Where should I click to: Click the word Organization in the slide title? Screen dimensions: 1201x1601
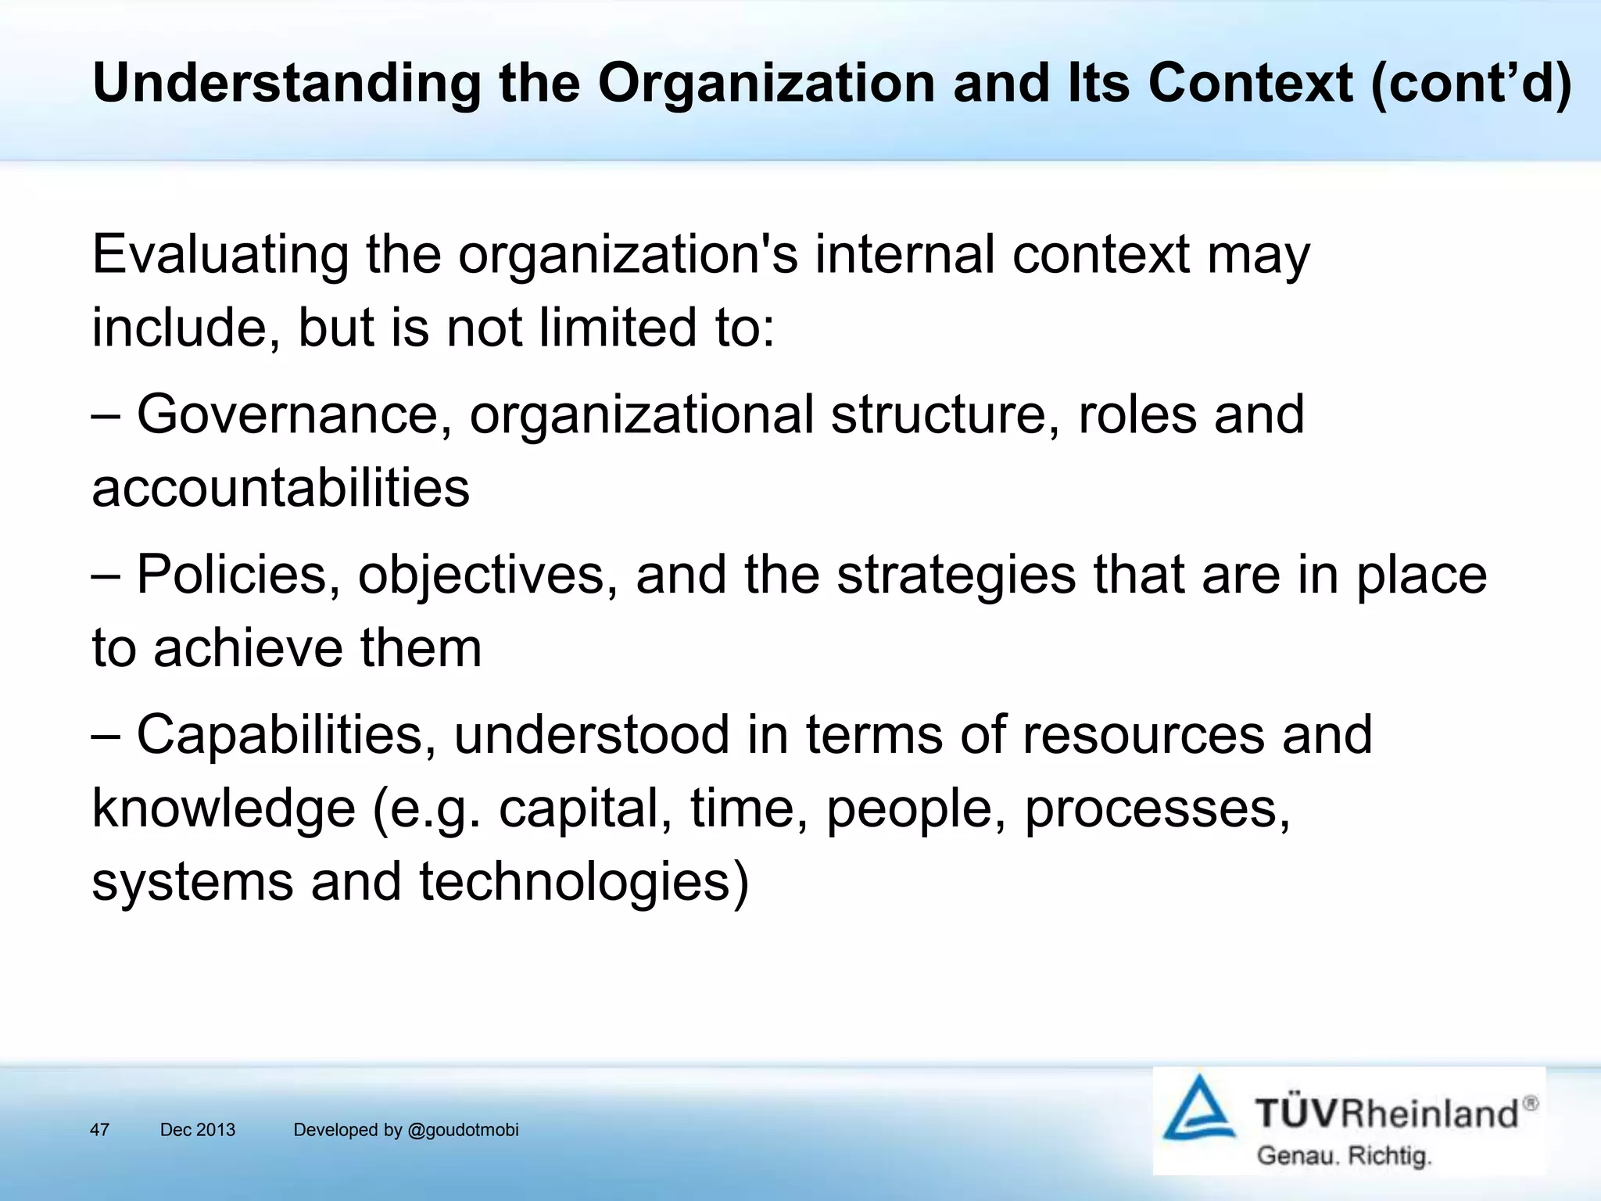point(767,83)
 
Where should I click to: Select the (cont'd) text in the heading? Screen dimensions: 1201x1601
point(1470,83)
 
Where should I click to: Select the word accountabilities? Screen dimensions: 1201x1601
point(281,488)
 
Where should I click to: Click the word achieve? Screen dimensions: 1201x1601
point(248,648)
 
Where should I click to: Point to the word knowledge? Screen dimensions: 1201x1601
point(224,808)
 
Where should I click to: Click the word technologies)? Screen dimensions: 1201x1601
point(584,882)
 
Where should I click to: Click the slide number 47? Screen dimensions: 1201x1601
point(99,1130)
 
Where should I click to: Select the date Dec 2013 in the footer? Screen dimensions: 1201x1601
point(198,1130)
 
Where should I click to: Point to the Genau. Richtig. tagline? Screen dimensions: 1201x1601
point(1343,1156)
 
